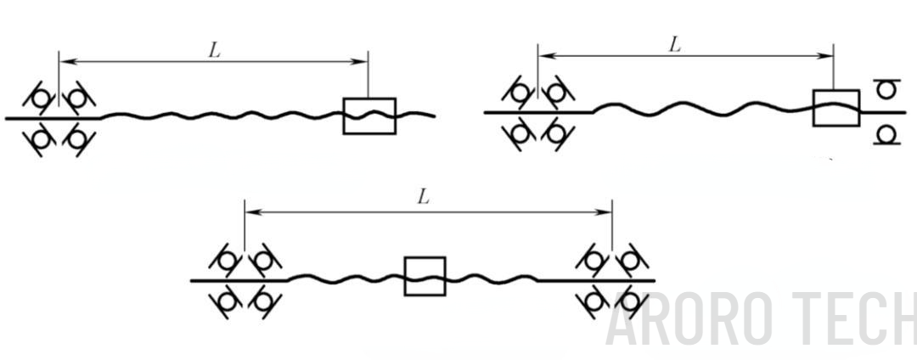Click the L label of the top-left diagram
pyautogui.click(x=215, y=50)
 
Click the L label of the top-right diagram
pyautogui.click(x=675, y=45)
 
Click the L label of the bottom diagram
pyautogui.click(x=424, y=198)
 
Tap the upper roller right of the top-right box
pyautogui.click(x=886, y=90)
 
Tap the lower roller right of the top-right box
pyautogui.click(x=886, y=134)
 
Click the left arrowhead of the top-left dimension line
pyautogui.click(x=65, y=60)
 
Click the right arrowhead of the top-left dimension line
pyautogui.click(x=361, y=60)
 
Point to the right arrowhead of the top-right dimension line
pyautogui.click(x=826, y=55)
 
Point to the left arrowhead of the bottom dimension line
pyautogui.click(x=251, y=212)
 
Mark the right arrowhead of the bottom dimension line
pyautogui.click(x=605, y=212)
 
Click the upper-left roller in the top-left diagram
pyautogui.click(x=40, y=98)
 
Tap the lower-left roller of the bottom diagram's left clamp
pyautogui.click(x=226, y=301)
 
